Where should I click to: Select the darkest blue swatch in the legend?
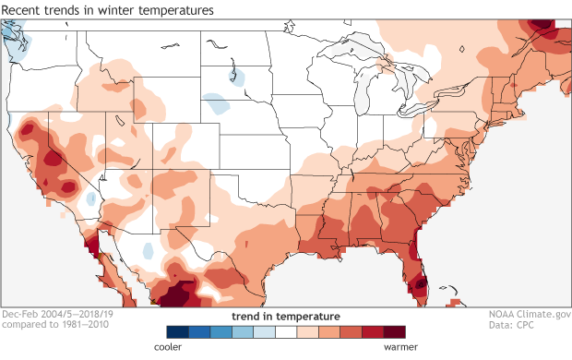click(x=177, y=331)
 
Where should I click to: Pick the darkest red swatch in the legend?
click(x=395, y=331)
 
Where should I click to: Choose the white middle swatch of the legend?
click(x=286, y=331)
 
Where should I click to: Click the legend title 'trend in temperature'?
click(x=286, y=317)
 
